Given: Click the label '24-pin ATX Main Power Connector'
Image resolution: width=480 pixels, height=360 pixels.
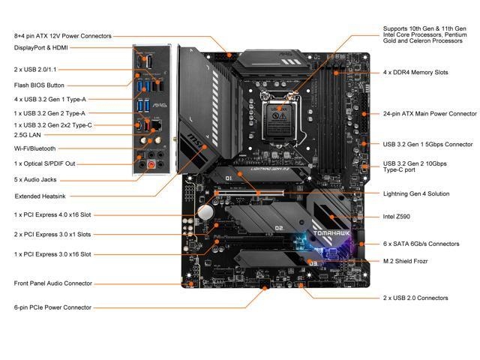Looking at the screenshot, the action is click(x=430, y=114).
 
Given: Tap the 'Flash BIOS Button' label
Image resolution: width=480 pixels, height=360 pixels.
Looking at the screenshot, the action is click(x=39, y=85).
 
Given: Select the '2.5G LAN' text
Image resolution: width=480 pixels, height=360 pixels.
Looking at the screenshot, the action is click(x=27, y=135).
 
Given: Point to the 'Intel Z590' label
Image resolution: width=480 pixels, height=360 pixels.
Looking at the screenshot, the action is click(x=397, y=217).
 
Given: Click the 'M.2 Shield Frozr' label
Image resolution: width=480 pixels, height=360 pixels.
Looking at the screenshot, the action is click(x=405, y=261).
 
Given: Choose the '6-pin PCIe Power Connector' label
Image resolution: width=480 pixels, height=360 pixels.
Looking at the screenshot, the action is click(x=52, y=307).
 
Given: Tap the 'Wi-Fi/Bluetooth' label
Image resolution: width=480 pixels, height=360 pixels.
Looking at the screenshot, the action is click(x=35, y=148).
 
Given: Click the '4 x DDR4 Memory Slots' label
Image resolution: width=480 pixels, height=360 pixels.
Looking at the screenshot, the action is click(x=415, y=73).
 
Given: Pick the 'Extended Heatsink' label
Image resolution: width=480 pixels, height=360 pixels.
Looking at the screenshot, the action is click(x=40, y=196).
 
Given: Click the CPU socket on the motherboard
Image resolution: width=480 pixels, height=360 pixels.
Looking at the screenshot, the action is click(x=280, y=117).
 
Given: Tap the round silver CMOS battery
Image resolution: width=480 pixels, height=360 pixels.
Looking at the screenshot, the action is click(x=205, y=212).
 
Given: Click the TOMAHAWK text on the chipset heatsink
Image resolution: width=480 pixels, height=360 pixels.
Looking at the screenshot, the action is click(x=331, y=233).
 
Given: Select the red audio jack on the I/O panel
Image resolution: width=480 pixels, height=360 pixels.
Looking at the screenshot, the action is click(x=151, y=165).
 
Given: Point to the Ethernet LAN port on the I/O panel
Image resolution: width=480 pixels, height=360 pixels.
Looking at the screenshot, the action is click(x=157, y=125).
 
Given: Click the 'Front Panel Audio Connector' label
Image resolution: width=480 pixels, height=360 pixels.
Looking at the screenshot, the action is click(x=53, y=283).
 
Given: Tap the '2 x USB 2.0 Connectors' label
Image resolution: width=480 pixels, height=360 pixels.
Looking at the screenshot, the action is click(x=415, y=298).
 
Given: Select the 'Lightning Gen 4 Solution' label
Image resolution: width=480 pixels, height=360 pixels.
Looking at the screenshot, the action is click(x=416, y=193).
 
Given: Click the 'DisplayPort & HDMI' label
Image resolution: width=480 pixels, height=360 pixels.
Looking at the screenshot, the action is click(x=41, y=48).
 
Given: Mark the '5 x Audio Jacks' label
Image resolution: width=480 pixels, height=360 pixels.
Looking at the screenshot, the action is click(x=35, y=180).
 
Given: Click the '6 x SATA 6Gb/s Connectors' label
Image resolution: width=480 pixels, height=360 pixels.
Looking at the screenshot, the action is click(x=421, y=244).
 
